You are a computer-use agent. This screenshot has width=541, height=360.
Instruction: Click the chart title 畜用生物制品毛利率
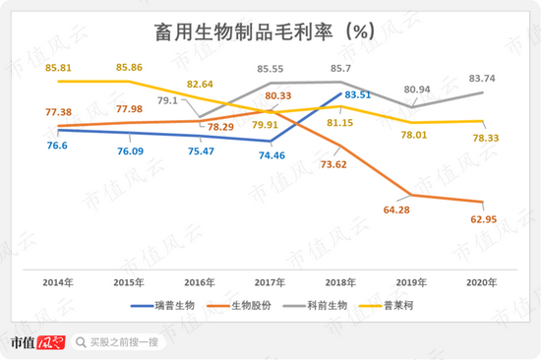coord(244,32)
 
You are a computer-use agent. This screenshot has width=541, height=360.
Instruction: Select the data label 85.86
coord(129,67)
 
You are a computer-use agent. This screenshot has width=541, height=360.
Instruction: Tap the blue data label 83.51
coord(358,94)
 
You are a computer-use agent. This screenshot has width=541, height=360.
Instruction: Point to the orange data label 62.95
coord(484,219)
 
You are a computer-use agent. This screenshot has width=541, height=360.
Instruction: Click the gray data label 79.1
coord(167,100)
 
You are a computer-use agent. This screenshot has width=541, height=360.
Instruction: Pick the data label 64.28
coord(396,210)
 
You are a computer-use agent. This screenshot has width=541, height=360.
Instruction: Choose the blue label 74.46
coord(271,155)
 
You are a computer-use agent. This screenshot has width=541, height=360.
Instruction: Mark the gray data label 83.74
coord(482,79)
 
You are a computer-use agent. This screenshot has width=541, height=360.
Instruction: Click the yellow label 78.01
coord(414,135)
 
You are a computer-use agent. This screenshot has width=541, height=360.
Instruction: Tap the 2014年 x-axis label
coord(58,282)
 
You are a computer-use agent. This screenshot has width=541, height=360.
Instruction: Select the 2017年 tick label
coord(270,282)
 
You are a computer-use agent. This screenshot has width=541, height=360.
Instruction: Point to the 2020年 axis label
coord(482,282)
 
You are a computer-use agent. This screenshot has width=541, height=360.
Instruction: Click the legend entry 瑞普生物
coord(162,306)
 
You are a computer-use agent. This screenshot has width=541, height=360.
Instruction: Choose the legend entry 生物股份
coord(239,306)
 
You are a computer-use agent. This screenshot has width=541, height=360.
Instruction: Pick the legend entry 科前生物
coord(315,306)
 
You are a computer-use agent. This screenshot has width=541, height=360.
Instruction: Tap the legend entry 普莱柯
coord(387,306)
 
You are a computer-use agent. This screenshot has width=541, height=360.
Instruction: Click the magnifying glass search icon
coord(81,342)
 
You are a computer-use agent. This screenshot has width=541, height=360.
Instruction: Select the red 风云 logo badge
coord(51,342)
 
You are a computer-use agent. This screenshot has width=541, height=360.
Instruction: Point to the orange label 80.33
coord(278,95)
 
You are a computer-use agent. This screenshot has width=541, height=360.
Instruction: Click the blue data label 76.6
coord(57,146)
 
